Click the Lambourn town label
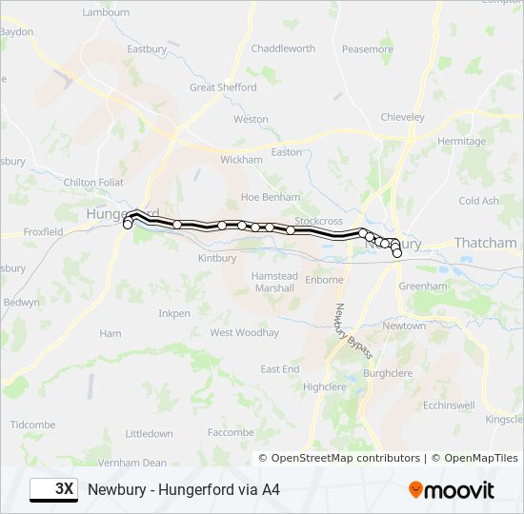[106, 12]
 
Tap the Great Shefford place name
[223, 88]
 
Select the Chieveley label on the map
[402, 117]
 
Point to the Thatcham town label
[485, 244]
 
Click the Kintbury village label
[216, 259]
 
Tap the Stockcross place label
[318, 221]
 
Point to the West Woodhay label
[244, 333]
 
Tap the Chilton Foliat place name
[93, 182]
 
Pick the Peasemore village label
[367, 49]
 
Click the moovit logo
[452, 490]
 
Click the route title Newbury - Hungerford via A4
[184, 490]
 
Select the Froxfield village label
[43, 231]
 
